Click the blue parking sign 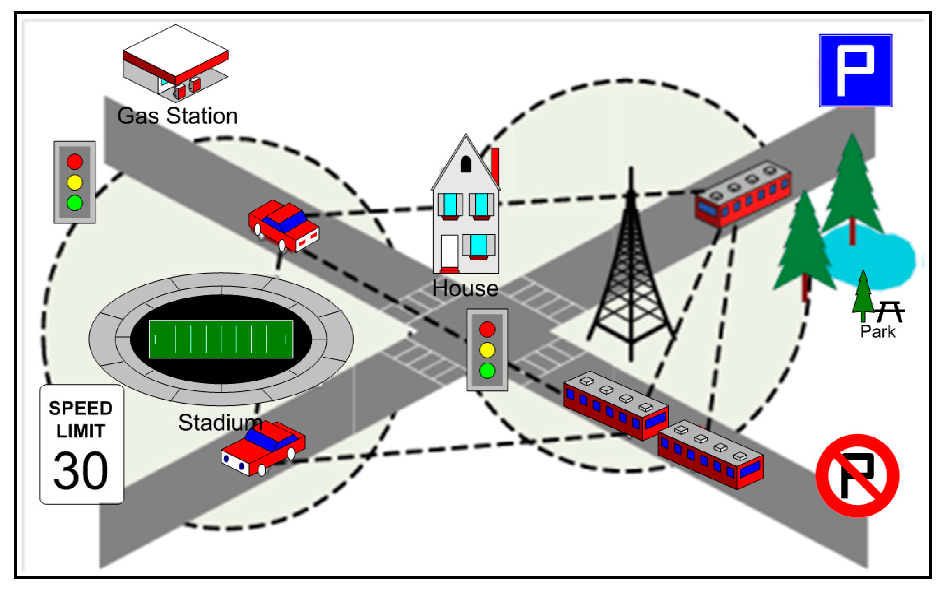(855, 70)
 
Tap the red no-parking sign (857, 475)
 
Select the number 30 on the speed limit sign (81, 470)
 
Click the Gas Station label (177, 116)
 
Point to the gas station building (175, 62)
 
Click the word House (465, 288)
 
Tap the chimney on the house (495, 165)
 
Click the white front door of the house (449, 251)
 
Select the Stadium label (220, 423)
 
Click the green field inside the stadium (221, 339)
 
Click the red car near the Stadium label (263, 448)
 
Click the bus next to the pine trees (743, 193)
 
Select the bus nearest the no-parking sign (710, 455)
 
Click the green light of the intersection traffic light (487, 370)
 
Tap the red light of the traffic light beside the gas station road (74, 162)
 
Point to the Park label (877, 332)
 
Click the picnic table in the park (890, 311)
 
